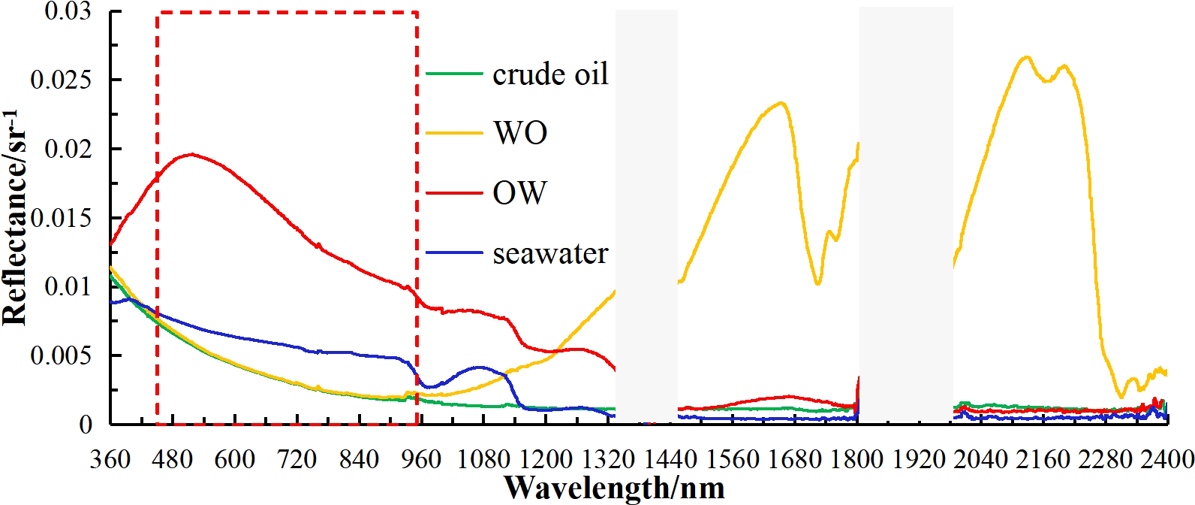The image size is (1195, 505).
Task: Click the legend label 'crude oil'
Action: click(x=550, y=74)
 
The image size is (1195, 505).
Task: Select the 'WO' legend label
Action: click(x=519, y=133)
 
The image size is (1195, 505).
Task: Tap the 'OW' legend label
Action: click(x=519, y=193)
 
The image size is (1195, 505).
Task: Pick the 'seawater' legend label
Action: click(x=550, y=253)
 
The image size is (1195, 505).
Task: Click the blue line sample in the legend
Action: click(x=454, y=253)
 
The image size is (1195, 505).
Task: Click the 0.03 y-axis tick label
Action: click(x=66, y=11)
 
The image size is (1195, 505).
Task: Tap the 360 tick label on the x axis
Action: click(x=110, y=458)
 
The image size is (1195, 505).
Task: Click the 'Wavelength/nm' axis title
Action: click(x=615, y=488)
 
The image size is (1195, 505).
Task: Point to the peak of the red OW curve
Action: click(x=192, y=154)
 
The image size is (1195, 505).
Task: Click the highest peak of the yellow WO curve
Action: click(x=1026, y=56)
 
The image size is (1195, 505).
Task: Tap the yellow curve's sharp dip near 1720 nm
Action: click(x=817, y=283)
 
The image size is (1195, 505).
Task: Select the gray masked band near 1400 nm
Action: click(x=646, y=218)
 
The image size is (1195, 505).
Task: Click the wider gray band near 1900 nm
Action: click(x=906, y=218)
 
